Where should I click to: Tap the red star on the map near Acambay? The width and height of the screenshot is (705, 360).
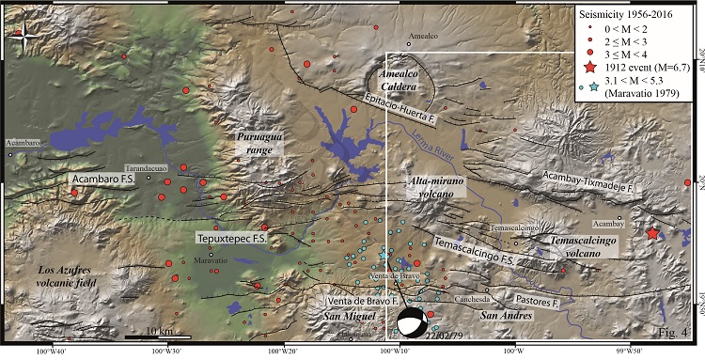click(653, 233)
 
